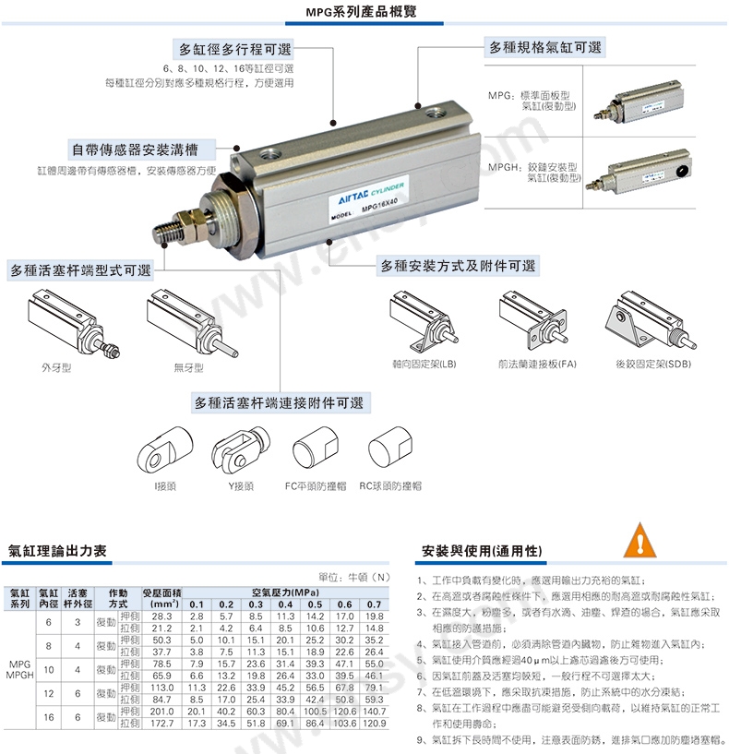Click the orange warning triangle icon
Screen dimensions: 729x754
click(639, 541)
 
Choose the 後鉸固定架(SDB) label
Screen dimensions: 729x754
click(653, 364)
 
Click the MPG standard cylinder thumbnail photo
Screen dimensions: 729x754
click(639, 102)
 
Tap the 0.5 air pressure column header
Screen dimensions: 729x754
click(315, 604)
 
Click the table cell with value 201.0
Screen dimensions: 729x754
click(162, 712)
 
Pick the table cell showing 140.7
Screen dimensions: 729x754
click(374, 712)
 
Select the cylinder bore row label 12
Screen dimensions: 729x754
click(49, 693)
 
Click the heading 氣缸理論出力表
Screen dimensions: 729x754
click(57, 551)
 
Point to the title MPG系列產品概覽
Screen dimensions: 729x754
click(361, 12)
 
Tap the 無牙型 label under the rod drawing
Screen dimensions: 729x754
click(188, 368)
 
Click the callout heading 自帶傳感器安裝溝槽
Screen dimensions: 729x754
click(135, 150)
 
